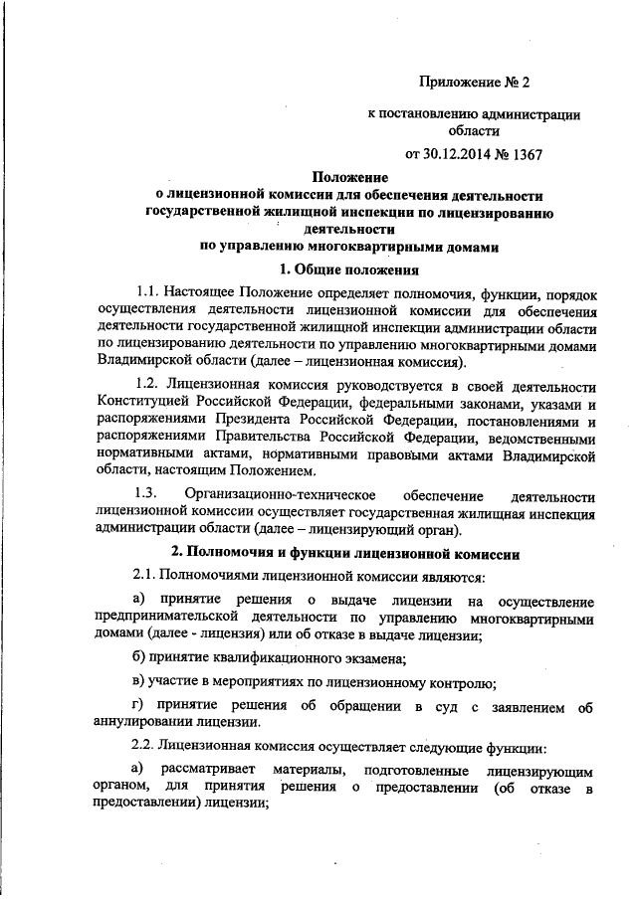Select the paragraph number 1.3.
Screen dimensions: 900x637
click(145, 495)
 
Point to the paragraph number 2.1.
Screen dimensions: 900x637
click(145, 577)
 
